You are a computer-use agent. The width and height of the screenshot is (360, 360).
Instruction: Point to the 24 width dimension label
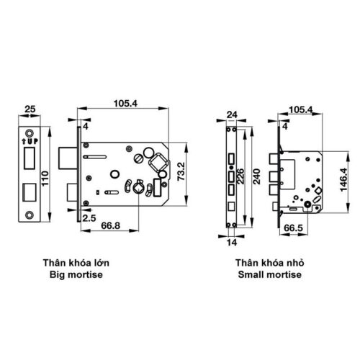tap(231, 114)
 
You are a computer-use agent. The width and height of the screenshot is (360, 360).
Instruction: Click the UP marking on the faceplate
tap(29, 141)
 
